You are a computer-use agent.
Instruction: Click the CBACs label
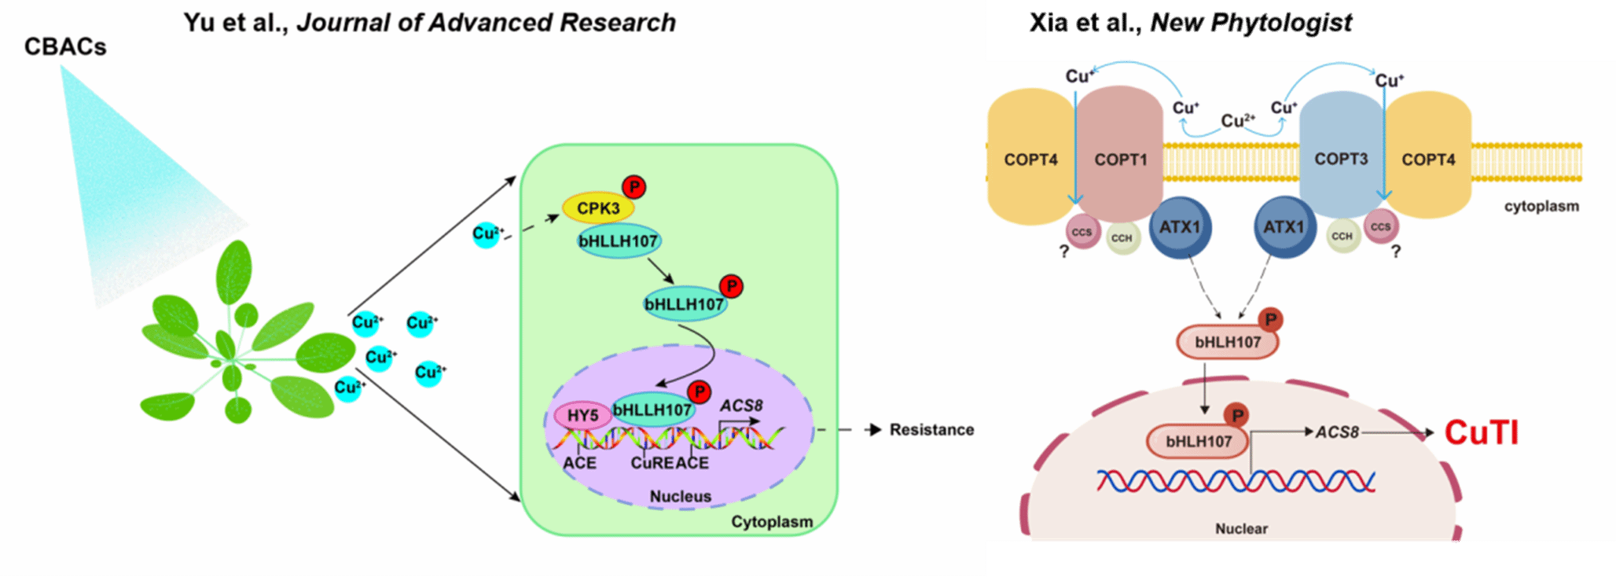65,47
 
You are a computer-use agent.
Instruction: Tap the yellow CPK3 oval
598,208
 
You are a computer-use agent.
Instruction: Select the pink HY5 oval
582,416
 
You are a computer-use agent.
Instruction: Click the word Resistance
931,430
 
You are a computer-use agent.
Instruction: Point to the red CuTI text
1482,433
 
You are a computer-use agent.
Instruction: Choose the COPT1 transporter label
1121,160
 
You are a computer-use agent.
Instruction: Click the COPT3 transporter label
1341,160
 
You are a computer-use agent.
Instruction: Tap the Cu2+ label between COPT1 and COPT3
1237,121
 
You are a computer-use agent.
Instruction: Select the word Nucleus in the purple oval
680,497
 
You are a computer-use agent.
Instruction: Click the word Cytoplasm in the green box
771,522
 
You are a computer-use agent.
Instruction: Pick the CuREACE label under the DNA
670,464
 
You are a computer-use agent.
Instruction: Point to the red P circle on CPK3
634,187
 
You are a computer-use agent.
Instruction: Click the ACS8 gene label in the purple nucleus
741,406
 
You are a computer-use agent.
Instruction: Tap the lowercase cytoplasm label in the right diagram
1541,207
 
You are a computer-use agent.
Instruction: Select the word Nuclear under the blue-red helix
1241,529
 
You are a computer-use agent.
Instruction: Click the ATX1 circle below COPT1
1180,228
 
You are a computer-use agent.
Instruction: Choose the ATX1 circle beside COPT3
1284,228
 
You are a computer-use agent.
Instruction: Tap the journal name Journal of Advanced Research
487,23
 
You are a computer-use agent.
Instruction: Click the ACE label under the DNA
579,464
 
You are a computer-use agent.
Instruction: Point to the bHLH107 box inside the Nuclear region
1198,442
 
